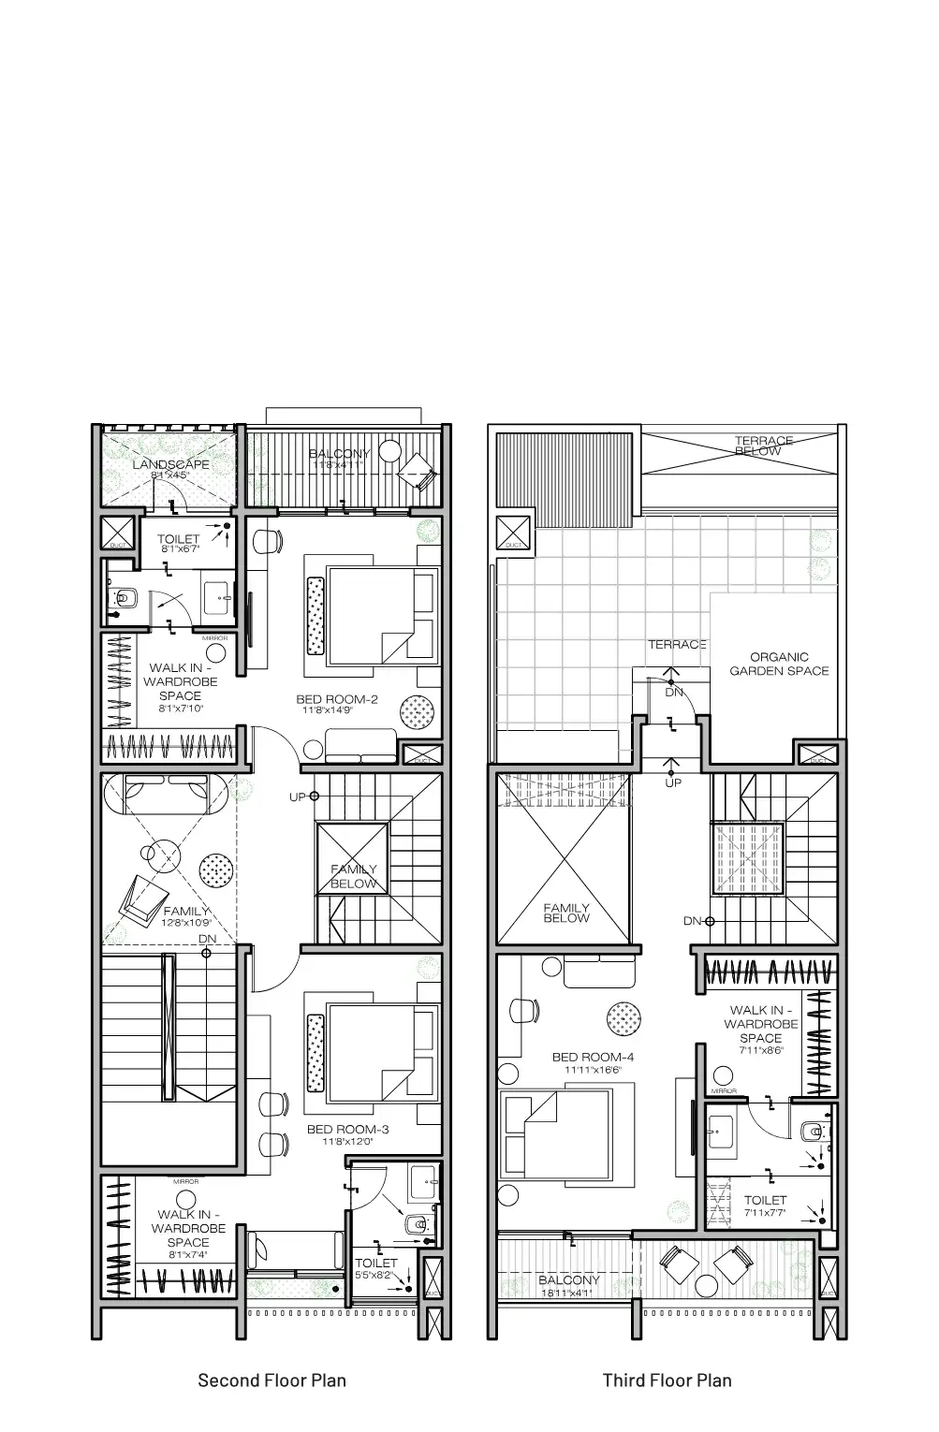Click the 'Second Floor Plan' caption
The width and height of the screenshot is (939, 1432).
(x=271, y=1380)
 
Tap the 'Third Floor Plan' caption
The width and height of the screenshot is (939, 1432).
(x=667, y=1380)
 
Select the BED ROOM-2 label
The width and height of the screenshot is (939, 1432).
(x=337, y=699)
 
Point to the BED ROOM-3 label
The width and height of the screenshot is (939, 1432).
(x=347, y=1130)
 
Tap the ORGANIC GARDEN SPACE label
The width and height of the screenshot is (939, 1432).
(x=779, y=664)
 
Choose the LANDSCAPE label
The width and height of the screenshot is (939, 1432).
(x=170, y=464)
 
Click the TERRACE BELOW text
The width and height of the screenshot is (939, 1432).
(x=763, y=446)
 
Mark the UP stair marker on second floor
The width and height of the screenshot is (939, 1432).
(x=298, y=796)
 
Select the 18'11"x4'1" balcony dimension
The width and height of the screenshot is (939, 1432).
(x=567, y=1293)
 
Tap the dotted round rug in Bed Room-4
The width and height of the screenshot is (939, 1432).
(x=624, y=1016)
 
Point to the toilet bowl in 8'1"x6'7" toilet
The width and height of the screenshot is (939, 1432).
(x=123, y=597)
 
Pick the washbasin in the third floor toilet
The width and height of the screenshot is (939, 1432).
(x=720, y=1130)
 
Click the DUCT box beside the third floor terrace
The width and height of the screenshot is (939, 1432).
(x=512, y=533)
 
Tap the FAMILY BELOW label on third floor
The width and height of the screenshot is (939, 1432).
(x=566, y=913)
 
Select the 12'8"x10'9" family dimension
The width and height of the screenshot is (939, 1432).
(x=187, y=923)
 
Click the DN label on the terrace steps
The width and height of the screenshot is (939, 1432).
(x=674, y=693)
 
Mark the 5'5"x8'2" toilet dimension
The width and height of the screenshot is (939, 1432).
(x=376, y=1274)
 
